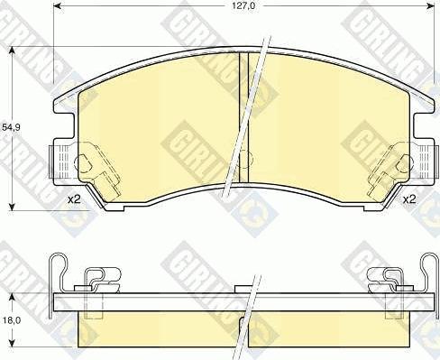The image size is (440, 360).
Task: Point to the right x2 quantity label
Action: (408, 198)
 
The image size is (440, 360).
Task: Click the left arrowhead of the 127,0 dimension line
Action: (57, 14)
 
